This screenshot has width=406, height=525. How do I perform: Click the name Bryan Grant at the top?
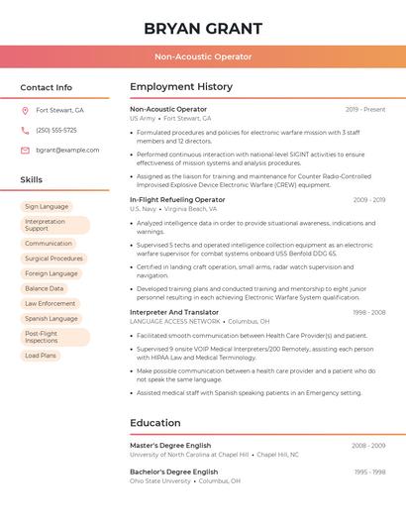[x=202, y=28]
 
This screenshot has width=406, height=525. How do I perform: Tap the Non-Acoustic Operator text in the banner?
[x=202, y=57]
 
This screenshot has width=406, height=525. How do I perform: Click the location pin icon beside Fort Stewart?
[x=25, y=111]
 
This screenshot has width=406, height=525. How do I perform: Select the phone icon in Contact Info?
[x=25, y=130]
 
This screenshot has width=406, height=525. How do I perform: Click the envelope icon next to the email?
[x=25, y=150]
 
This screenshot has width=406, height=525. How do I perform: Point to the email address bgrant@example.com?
[x=67, y=150]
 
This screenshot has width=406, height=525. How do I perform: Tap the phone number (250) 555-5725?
[x=56, y=130]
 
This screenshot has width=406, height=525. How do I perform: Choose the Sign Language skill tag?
[x=47, y=207]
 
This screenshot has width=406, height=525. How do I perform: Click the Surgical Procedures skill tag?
[x=53, y=259]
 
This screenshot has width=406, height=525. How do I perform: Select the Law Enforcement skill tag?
[x=51, y=303]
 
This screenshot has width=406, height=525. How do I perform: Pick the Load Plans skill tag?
[x=41, y=356]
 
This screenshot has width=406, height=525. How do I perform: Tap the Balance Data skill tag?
[x=45, y=288]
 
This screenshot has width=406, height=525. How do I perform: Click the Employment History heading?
[x=181, y=87]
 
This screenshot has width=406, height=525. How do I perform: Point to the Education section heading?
[x=154, y=423]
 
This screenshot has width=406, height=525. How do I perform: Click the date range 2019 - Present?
[x=365, y=109]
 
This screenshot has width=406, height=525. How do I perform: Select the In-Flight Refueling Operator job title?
[x=177, y=200]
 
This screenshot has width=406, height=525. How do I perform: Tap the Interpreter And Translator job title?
[x=174, y=312]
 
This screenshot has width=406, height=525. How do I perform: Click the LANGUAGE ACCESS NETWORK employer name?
[x=174, y=322]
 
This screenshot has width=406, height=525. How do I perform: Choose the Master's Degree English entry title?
[x=170, y=446]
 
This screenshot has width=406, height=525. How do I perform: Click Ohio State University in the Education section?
[x=159, y=481]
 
